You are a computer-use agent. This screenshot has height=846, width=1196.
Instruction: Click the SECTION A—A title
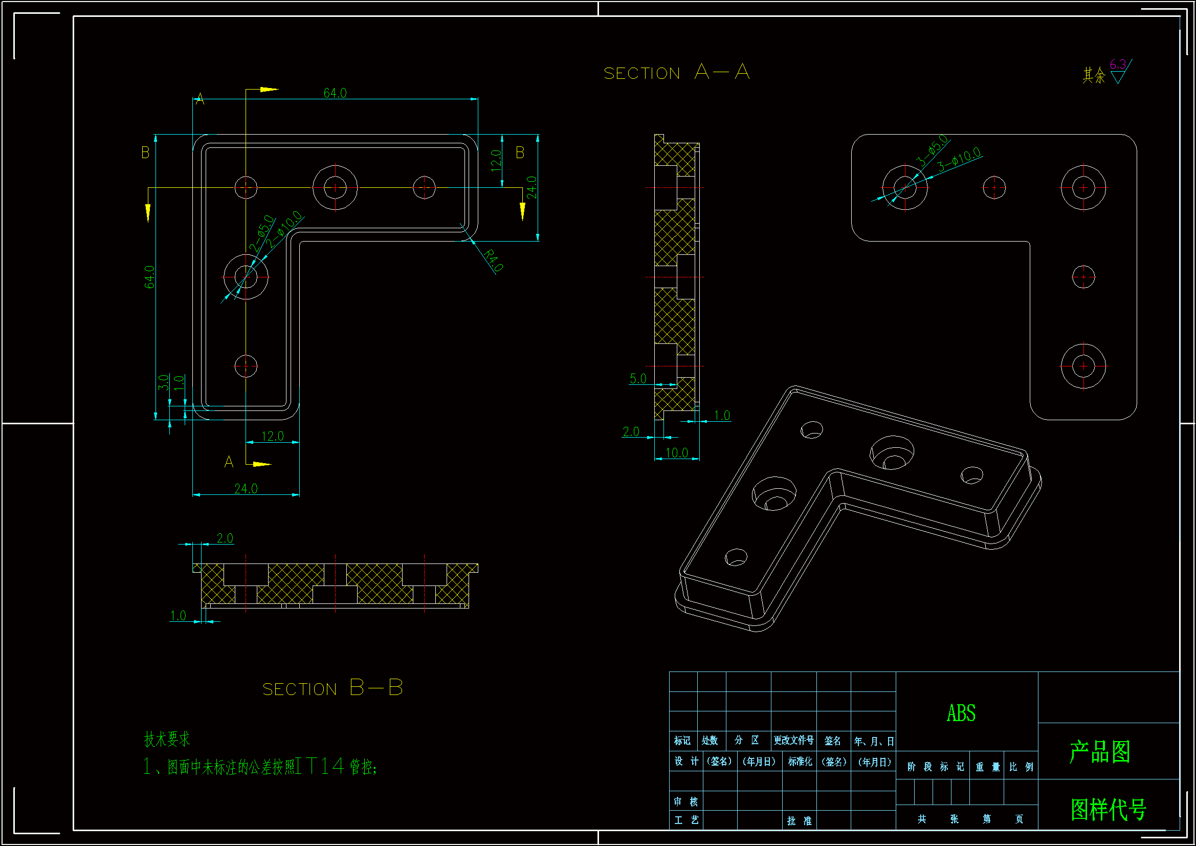pos(676,73)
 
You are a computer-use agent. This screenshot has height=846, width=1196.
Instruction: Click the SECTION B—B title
pos(333,688)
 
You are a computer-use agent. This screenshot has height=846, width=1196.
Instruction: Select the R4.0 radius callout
pos(493,260)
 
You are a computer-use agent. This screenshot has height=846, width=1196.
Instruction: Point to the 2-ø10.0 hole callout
pos(284,229)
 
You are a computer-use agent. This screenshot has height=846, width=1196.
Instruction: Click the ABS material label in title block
pos(961,713)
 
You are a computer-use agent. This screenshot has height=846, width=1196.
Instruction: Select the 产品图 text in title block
pos(1100,752)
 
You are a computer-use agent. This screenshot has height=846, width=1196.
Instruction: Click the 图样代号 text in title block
pos(1109,809)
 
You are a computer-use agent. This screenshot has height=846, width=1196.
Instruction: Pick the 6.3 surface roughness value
pos(1117,64)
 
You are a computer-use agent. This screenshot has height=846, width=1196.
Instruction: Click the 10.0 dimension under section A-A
pos(677,452)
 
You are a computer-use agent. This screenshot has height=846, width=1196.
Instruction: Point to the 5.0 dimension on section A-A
pos(637,378)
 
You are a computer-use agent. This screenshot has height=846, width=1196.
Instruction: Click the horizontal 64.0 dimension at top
pos(335,93)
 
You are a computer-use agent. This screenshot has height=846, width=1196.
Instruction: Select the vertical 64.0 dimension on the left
pos(149,277)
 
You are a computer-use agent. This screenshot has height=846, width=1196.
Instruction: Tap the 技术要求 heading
pos(167,739)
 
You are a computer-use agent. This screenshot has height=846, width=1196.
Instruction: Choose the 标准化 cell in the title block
pos(800,762)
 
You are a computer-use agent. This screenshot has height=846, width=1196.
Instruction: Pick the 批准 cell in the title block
pos(799,820)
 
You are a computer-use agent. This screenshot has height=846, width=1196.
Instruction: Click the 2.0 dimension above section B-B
pos(225,538)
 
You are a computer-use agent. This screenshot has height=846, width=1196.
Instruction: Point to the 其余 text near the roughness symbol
pos(1094,76)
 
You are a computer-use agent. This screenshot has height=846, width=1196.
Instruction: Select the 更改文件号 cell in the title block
pos(793,740)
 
